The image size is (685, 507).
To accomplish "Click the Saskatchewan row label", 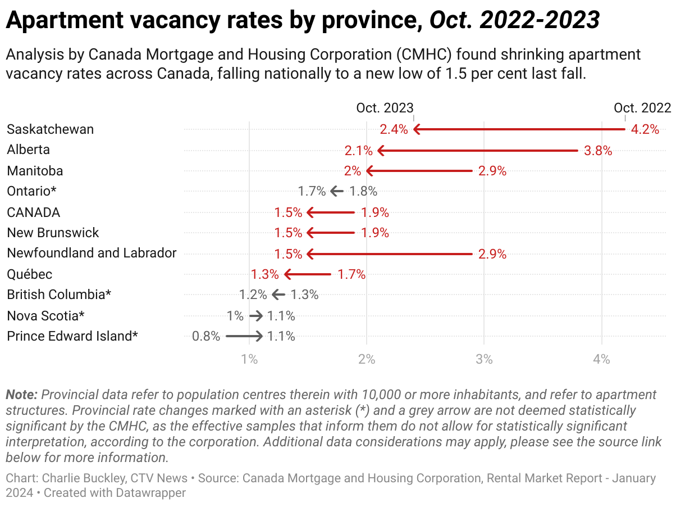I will pos(51,129).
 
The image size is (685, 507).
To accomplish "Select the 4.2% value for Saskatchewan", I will pos(645,129).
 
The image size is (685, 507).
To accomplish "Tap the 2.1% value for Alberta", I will pos(359,150).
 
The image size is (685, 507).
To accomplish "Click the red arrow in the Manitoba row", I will pos(419,171).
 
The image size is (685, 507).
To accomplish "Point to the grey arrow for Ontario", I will pos(337,192).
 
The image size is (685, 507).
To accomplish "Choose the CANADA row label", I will pos(34,212).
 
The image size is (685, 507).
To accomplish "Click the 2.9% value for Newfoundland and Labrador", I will pos(492,254).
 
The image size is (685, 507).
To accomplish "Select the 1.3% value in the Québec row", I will pos(265,274).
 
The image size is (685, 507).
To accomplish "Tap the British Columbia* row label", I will pos(60,295).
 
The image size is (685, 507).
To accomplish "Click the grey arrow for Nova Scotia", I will pos(255,316).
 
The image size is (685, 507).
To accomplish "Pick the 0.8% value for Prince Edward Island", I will pos(206,337).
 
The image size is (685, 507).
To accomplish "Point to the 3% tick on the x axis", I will pos(484,359).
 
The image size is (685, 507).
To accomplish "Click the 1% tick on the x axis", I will pos(249,359).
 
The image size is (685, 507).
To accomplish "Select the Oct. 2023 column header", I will pos(385,108).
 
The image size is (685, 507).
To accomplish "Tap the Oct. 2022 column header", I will pos(642,108).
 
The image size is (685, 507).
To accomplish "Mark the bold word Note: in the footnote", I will pos(21,394).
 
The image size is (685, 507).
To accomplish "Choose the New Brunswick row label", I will pos(53,233).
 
